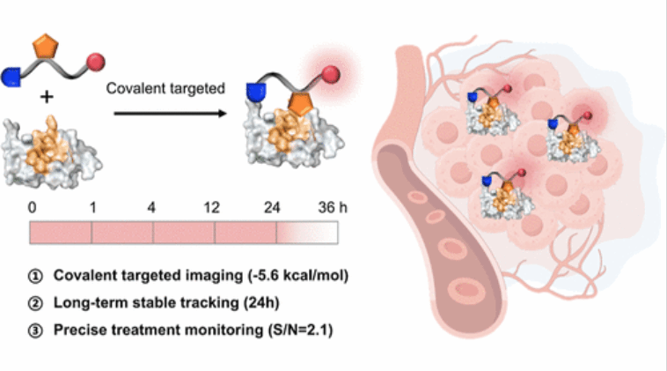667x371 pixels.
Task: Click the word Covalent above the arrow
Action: click(131, 88)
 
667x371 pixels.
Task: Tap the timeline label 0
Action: click(33, 209)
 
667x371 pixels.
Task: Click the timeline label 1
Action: click(92, 209)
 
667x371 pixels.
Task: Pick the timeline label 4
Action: click(153, 209)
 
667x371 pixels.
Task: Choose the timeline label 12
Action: click(215, 209)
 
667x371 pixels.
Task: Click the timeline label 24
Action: click(276, 209)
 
